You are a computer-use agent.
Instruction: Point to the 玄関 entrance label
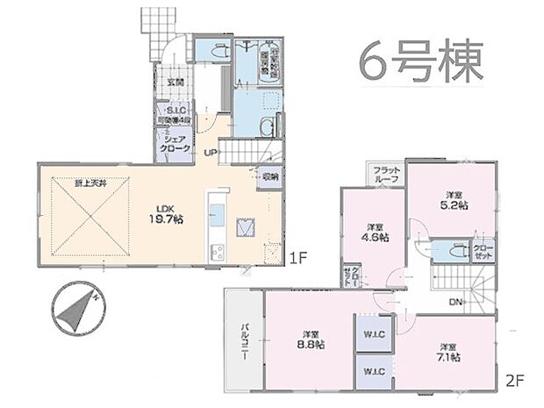[x=175, y=83]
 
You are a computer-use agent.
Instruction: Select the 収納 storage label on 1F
[x=271, y=176]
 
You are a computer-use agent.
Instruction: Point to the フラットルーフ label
[x=386, y=174]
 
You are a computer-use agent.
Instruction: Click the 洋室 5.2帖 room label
[x=453, y=199]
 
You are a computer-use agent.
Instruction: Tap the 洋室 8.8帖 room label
[x=310, y=340]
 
